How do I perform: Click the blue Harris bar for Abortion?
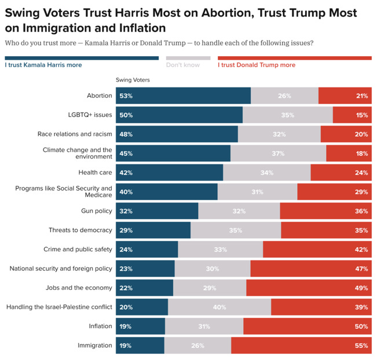click(183, 96)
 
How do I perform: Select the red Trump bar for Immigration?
click(301, 346)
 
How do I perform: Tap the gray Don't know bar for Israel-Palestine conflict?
click(220, 307)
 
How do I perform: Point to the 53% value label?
click(126, 96)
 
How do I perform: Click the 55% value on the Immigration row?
click(362, 346)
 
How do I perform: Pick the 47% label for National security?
click(362, 269)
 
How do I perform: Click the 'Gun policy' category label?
click(96, 211)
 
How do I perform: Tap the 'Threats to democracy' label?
click(81, 230)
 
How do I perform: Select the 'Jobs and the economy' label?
click(79, 288)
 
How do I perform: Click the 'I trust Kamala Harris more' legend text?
click(43, 65)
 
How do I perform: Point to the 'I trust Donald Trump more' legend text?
click(256, 65)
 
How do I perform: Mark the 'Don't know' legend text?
click(182, 65)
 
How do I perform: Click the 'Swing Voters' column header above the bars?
click(133, 80)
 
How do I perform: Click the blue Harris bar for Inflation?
click(140, 326)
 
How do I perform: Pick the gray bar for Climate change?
click(278, 153)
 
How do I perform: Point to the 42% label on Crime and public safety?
click(362, 249)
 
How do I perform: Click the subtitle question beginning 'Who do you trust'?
click(159, 43)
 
